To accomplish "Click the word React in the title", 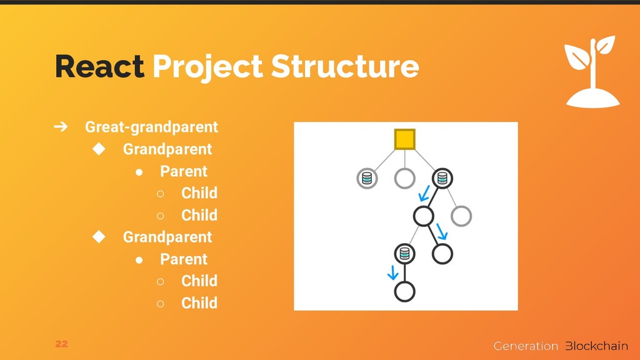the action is (x=99, y=66).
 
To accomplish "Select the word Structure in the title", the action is (x=345, y=66).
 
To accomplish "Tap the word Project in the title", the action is (x=207, y=68).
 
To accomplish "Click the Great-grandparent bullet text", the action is (x=151, y=127).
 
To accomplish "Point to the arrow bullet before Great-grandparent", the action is (x=61, y=126).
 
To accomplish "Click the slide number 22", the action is (x=62, y=344).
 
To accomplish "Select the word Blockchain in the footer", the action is (x=597, y=346).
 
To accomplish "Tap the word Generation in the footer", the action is (x=526, y=346).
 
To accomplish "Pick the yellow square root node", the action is (x=405, y=139).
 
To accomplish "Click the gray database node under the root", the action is (x=367, y=178).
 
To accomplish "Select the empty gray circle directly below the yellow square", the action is (x=405, y=178).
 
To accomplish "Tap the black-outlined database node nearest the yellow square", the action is (x=442, y=178).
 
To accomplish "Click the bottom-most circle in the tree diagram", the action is (x=405, y=292).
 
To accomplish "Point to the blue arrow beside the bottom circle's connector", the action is (x=392, y=272).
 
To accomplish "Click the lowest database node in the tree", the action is (x=405, y=254).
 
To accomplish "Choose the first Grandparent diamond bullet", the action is (x=99, y=149).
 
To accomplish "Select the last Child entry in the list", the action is (x=199, y=303).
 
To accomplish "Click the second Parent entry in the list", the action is (x=184, y=259).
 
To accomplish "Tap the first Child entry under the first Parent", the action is (x=199, y=192).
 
